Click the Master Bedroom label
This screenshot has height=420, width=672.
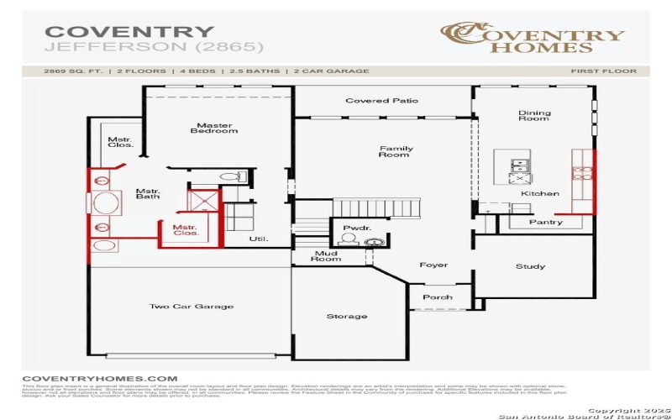[213, 129]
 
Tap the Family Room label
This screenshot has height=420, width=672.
[394, 151]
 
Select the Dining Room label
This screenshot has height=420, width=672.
[534, 116]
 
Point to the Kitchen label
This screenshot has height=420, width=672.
[539, 194]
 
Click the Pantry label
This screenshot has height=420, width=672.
[546, 223]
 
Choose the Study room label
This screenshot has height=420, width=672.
[531, 266]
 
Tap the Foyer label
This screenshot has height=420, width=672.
[433, 265]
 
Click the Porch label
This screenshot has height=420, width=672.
[437, 297]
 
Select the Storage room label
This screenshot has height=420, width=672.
[347, 316]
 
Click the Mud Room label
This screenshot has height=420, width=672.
[328, 255]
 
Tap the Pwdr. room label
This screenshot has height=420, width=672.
[352, 228]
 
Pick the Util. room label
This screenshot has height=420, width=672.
[258, 239]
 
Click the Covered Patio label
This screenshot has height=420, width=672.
[381, 101]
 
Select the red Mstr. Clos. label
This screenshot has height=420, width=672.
[186, 229]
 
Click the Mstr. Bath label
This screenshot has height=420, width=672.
[148, 194]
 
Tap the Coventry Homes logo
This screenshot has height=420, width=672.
[533, 36]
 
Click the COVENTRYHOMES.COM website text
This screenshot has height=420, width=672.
[100, 379]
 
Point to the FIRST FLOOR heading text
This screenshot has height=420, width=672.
[603, 71]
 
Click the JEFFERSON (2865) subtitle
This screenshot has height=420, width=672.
[154, 47]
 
